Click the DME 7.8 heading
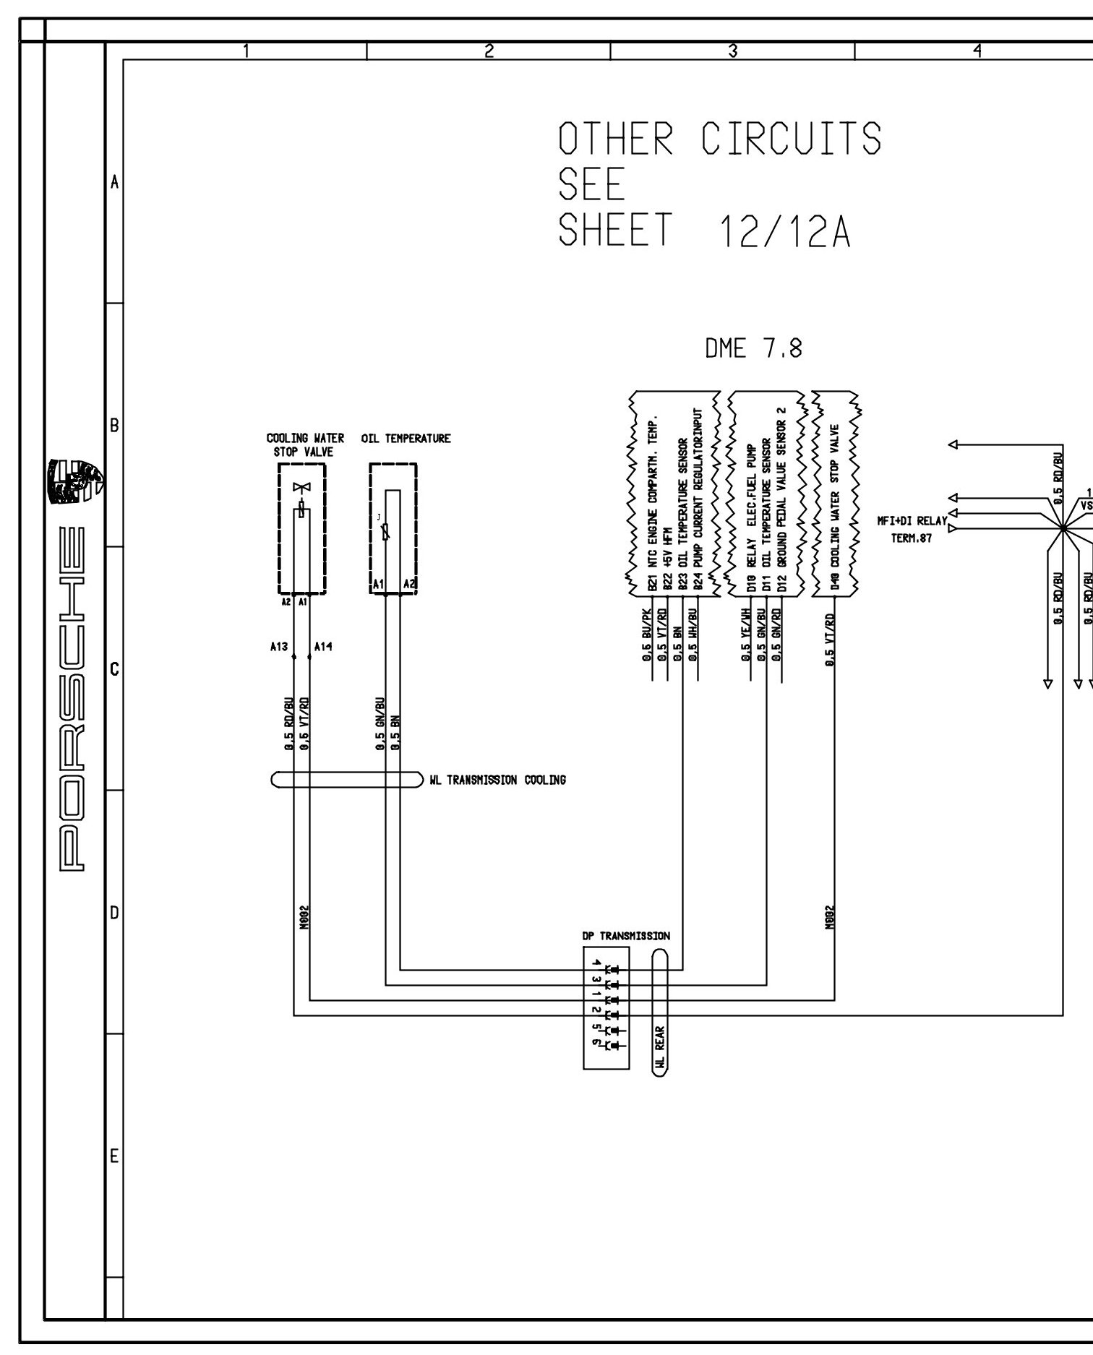click(753, 350)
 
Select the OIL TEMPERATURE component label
click(406, 439)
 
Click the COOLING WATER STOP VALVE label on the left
click(304, 445)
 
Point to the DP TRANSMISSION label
click(626, 936)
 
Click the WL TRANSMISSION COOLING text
click(497, 780)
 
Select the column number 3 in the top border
click(732, 51)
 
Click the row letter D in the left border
click(113, 913)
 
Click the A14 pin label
click(323, 648)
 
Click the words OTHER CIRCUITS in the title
click(719, 139)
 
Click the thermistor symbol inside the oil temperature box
click(386, 533)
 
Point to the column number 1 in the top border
click(246, 51)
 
